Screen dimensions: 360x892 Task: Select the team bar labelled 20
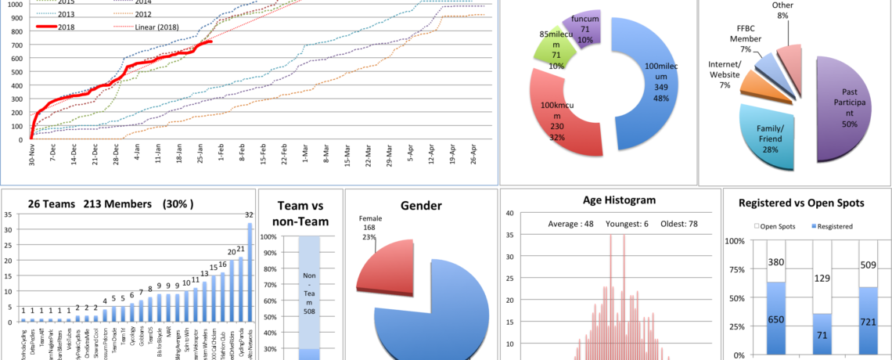click(x=231, y=290)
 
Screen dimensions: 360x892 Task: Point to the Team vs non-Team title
click(x=300, y=213)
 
